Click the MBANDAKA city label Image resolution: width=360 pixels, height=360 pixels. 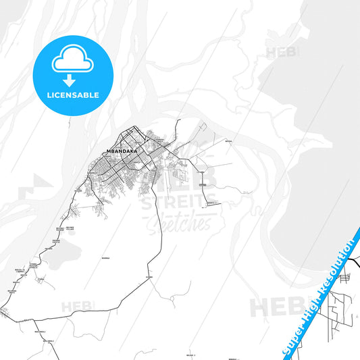(122, 151)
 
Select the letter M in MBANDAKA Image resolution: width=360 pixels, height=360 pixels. (109, 151)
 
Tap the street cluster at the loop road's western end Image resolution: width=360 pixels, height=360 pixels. (5, 313)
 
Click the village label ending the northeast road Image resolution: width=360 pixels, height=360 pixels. (228, 141)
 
